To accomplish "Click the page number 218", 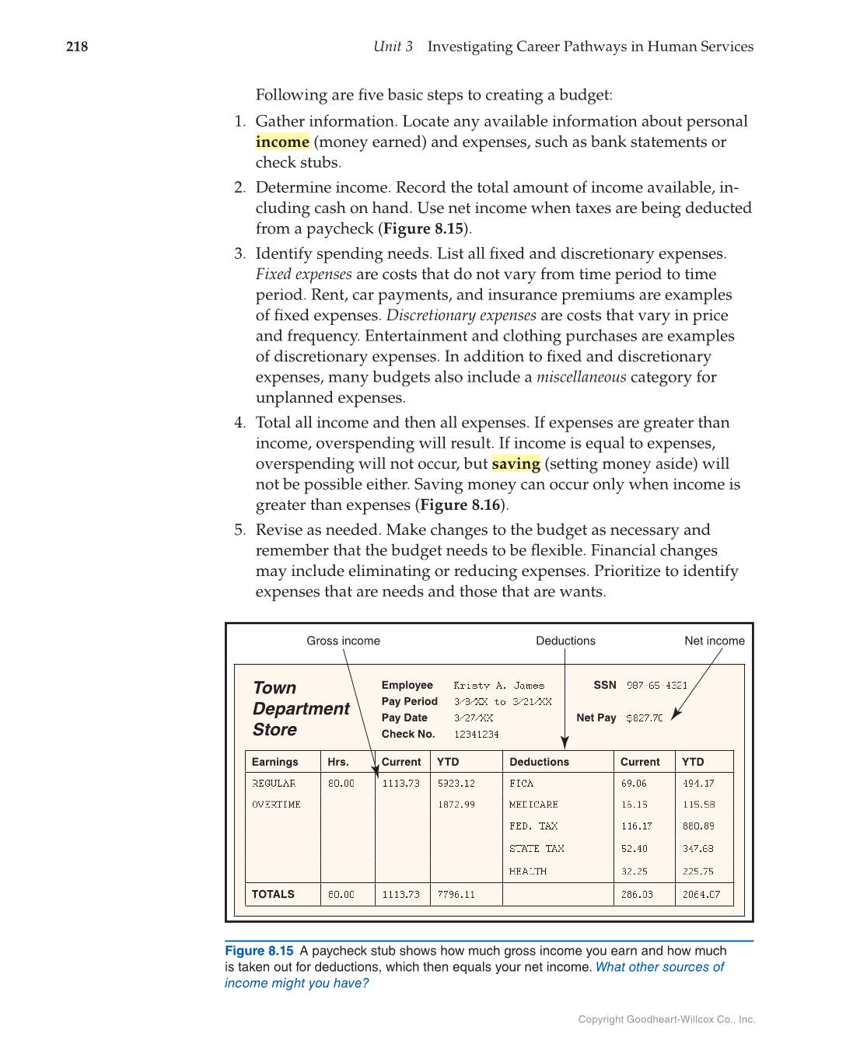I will pyautogui.click(x=77, y=47).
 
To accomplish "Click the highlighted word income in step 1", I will pyautogui.click(x=282, y=142).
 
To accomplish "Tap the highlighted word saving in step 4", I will pyautogui.click(x=516, y=464).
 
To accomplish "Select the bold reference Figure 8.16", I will pyautogui.click(x=460, y=505).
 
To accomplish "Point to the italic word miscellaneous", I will pyautogui.click(x=581, y=377).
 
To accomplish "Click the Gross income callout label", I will pyautogui.click(x=343, y=641).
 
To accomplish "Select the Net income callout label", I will pyautogui.click(x=714, y=641).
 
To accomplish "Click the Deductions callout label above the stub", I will pyautogui.click(x=565, y=641).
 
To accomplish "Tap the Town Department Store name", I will pyautogui.click(x=300, y=709).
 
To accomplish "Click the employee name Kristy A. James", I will pyautogui.click(x=498, y=686).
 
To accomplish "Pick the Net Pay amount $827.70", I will pyautogui.click(x=644, y=718).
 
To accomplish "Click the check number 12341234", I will pyautogui.click(x=476, y=735).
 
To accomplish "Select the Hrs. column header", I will pyautogui.click(x=338, y=762).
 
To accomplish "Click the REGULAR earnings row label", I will pyautogui.click(x=274, y=784).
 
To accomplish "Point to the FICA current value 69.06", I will pyautogui.click(x=634, y=784).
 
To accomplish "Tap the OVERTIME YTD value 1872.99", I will pyautogui.click(x=456, y=805).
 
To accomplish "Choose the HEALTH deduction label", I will pyautogui.click(x=527, y=871).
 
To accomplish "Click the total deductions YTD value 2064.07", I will pyautogui.click(x=701, y=895).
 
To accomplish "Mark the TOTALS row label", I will pyautogui.click(x=273, y=895).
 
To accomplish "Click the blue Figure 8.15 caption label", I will pyautogui.click(x=259, y=951).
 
